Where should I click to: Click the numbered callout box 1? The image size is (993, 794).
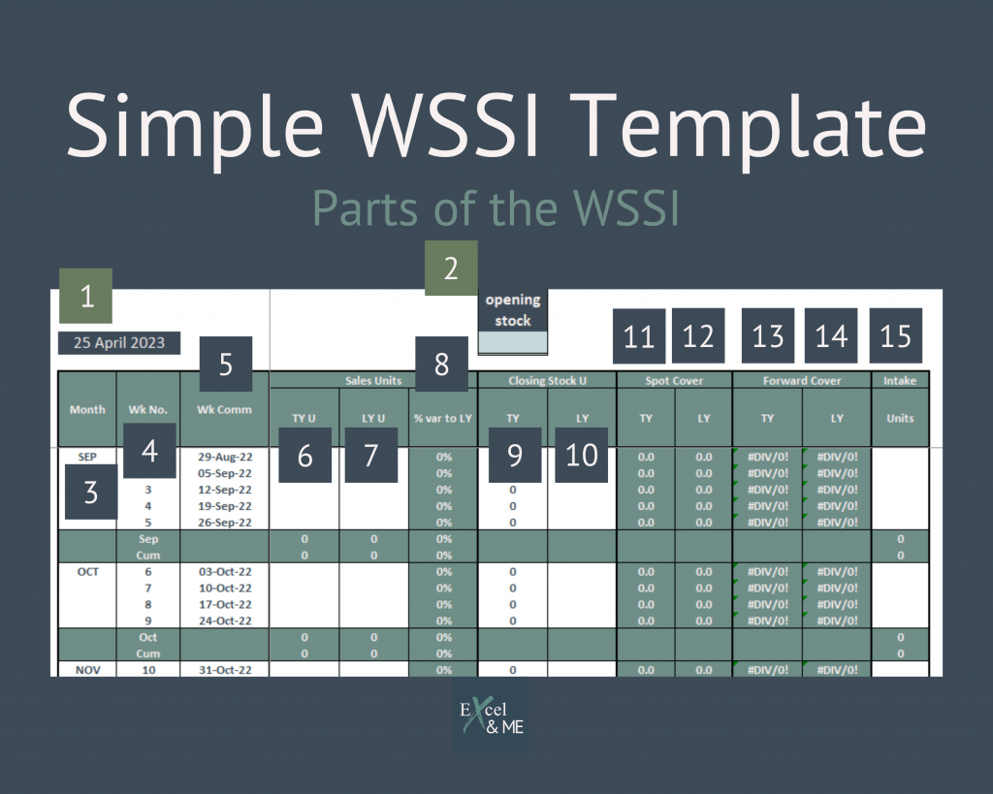click(86, 296)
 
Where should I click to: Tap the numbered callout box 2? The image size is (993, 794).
click(451, 268)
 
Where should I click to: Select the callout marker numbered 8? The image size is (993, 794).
click(442, 364)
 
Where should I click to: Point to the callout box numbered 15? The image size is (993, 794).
click(896, 335)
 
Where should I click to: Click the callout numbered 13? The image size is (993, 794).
click(768, 335)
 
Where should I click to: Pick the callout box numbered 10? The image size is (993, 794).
click(582, 455)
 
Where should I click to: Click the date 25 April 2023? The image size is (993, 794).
click(119, 342)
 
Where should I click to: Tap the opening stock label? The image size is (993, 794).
click(513, 310)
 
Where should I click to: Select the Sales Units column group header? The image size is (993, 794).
click(373, 380)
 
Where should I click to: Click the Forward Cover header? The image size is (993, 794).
click(802, 380)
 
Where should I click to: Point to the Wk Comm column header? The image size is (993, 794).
click(224, 409)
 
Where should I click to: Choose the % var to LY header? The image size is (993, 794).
click(442, 418)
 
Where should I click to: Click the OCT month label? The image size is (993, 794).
click(87, 572)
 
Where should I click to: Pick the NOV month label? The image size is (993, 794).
click(87, 670)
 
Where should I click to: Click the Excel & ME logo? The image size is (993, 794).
click(491, 715)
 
